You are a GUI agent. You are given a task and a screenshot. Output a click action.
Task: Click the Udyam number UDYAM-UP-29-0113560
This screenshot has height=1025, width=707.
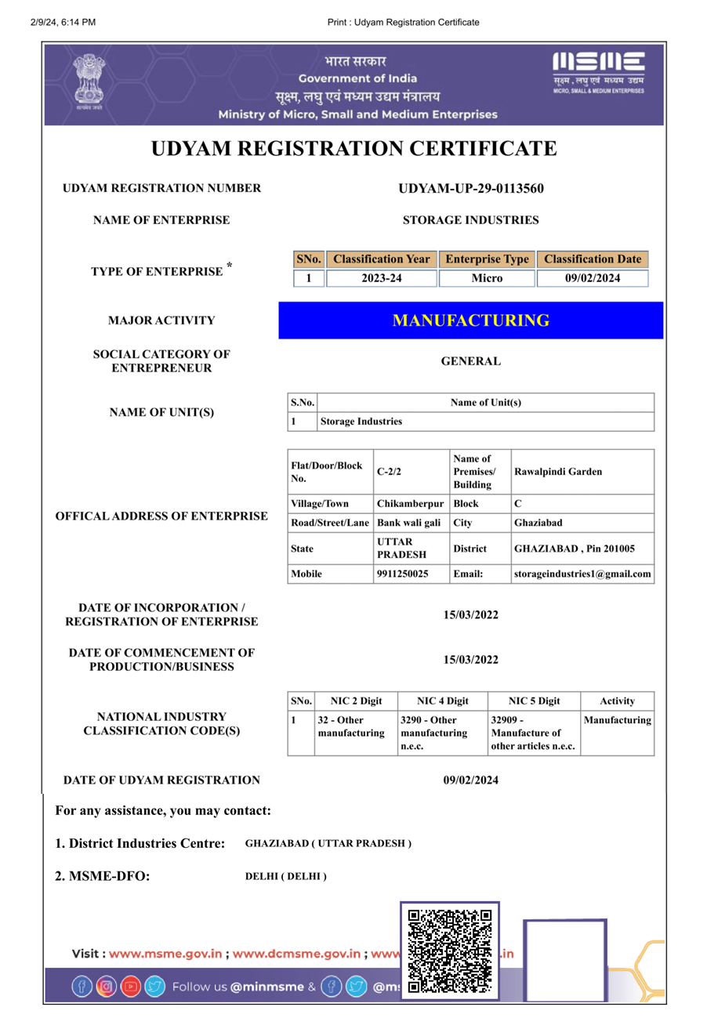point(471,188)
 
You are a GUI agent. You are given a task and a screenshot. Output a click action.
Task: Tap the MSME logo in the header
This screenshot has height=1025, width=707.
point(598,74)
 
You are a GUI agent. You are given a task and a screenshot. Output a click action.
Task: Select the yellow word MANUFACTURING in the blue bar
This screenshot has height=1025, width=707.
point(471,321)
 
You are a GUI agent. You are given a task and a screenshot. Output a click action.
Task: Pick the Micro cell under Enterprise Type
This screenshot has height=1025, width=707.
point(487,278)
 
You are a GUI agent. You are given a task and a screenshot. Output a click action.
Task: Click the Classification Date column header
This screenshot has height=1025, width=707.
point(593,259)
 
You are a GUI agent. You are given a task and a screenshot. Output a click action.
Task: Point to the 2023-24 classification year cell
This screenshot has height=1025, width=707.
point(382,278)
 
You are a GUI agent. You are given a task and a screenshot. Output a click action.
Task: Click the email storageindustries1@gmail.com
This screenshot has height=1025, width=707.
point(582,574)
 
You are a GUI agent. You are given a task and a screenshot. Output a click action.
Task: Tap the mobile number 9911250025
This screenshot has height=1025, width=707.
point(402,574)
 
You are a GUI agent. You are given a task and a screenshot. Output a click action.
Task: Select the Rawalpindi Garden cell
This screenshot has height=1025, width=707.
point(558,472)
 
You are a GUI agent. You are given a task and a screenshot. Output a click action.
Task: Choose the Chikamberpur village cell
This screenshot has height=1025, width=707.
point(410,503)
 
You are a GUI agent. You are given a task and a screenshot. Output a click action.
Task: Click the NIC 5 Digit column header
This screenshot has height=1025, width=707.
point(534,701)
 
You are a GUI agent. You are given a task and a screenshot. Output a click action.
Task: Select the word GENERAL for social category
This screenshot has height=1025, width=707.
point(470,361)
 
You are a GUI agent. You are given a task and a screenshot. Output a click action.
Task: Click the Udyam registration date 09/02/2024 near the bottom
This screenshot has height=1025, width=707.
point(470,780)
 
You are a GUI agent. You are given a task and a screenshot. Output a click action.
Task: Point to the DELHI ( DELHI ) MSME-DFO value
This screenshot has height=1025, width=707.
point(286,875)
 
